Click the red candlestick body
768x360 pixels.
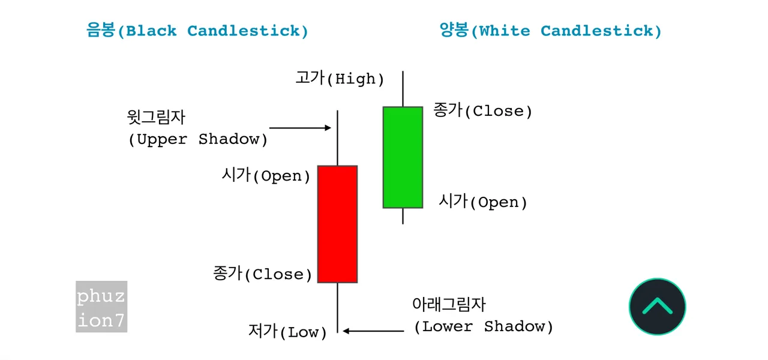point(337,224)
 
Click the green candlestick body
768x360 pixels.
point(403,157)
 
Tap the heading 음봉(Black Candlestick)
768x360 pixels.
point(197,31)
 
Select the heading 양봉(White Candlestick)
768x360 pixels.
point(550,31)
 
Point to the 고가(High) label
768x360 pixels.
point(340,78)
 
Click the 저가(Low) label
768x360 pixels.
point(287,332)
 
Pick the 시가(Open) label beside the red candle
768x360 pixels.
point(266,176)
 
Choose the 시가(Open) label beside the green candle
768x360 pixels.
point(483,202)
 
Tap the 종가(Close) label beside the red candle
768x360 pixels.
point(262,274)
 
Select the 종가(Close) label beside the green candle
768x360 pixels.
point(483,111)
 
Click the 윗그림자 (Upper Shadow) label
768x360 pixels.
point(197,128)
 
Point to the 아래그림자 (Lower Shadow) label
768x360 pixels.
point(483,316)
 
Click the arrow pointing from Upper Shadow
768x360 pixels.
point(300,128)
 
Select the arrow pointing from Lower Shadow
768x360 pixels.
point(374,330)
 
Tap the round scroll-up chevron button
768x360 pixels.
point(657,307)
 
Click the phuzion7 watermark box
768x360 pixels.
point(101,307)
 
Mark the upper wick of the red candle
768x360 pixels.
point(338,138)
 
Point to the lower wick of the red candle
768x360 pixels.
point(338,307)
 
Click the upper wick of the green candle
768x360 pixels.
point(403,89)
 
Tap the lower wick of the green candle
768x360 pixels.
point(403,216)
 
